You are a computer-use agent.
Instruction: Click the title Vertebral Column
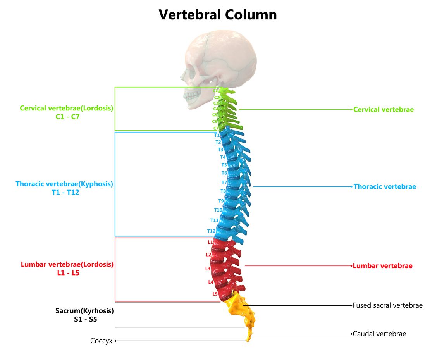pos(218,15)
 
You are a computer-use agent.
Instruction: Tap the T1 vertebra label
pos(217,135)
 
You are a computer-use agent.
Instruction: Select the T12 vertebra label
pos(211,231)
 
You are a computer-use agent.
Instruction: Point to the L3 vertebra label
pos(208,269)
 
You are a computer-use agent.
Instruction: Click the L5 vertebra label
pos(215,294)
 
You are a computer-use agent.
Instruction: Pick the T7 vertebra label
pos(224,182)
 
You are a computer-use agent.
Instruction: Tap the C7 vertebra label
pos(216,128)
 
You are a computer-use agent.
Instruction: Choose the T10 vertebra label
pos(218,210)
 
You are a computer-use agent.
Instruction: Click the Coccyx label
pos(101,341)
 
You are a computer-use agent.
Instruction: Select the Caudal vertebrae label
pos(379,334)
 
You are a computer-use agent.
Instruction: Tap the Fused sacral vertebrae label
pos(387,305)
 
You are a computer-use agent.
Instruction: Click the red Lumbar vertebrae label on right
pos(382,266)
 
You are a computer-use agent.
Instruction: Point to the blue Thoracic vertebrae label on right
pos(385,187)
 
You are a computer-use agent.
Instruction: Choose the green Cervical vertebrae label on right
pos(384,109)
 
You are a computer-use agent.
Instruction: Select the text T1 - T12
pos(65,192)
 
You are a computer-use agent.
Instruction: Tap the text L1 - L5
pos(68,273)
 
